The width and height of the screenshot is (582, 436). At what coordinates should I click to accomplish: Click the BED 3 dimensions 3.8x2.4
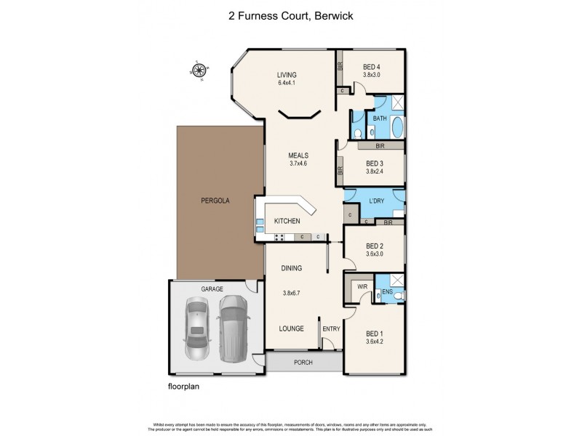pyautogui.click(x=374, y=171)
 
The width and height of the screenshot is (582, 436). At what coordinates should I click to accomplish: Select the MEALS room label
pyautogui.click(x=298, y=156)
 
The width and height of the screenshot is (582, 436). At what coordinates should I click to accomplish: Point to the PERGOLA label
pyautogui.click(x=216, y=200)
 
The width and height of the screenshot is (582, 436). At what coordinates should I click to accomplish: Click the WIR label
pyautogui.click(x=362, y=287)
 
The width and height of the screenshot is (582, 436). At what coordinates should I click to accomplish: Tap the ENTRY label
pyautogui.click(x=331, y=328)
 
